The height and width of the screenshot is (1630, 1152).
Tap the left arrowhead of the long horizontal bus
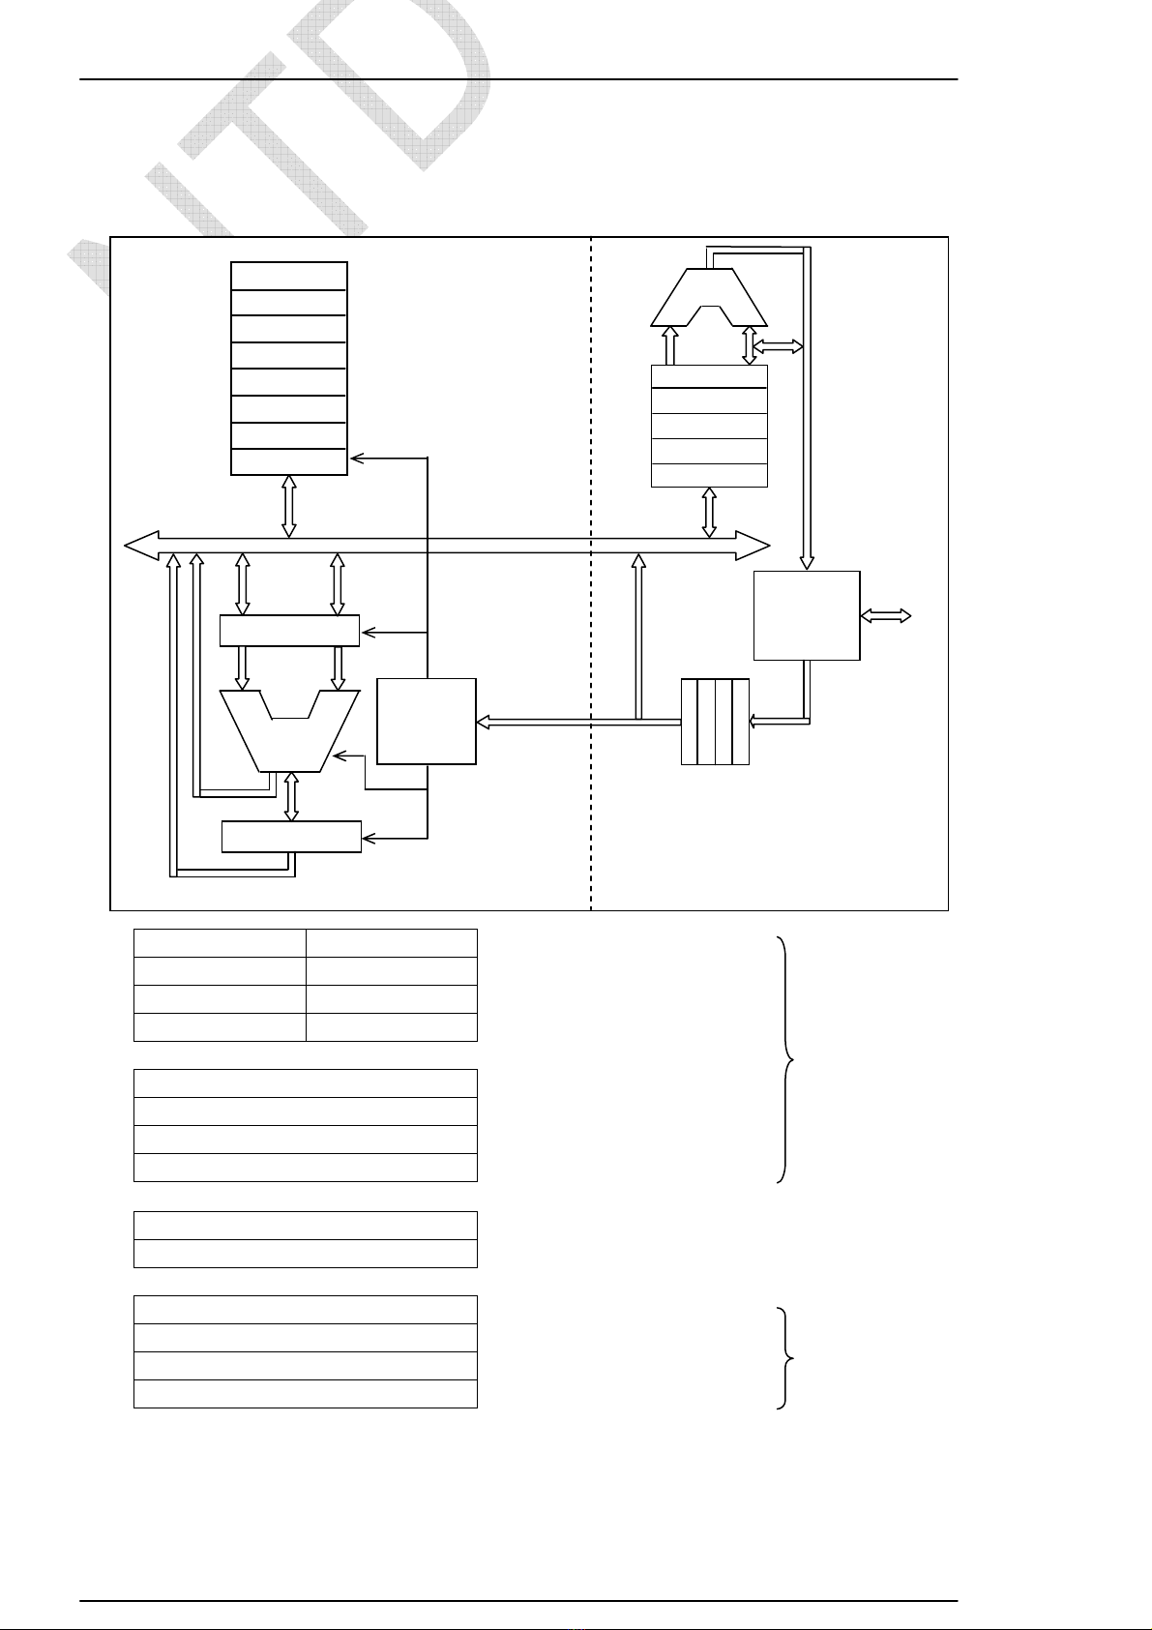(x=141, y=546)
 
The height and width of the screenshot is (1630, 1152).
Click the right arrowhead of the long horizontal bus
(x=753, y=546)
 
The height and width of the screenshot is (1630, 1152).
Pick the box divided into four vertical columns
(x=716, y=722)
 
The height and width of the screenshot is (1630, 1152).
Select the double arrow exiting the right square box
(x=886, y=615)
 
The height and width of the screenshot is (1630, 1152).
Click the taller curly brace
(x=788, y=1059)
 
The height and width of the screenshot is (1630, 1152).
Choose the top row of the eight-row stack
(x=289, y=276)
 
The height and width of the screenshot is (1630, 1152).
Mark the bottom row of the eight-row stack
(x=289, y=462)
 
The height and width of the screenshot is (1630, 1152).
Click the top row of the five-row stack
(x=709, y=376)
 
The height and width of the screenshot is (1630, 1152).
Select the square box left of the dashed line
(x=427, y=722)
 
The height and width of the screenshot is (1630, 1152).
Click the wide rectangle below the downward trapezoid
(x=291, y=837)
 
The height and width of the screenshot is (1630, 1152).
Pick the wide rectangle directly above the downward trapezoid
(x=289, y=631)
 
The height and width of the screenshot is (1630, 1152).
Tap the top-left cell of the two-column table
(x=220, y=943)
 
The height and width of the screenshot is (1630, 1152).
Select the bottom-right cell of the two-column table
(x=392, y=1027)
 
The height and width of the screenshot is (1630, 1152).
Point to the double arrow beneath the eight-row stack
(x=289, y=506)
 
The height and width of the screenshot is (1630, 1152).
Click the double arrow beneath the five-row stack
(x=709, y=513)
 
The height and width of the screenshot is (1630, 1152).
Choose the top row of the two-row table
(x=305, y=1226)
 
